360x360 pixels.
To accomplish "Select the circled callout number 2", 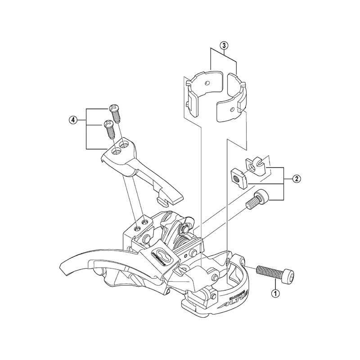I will click(x=296, y=179).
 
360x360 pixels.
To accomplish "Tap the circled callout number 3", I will click(x=224, y=45).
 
